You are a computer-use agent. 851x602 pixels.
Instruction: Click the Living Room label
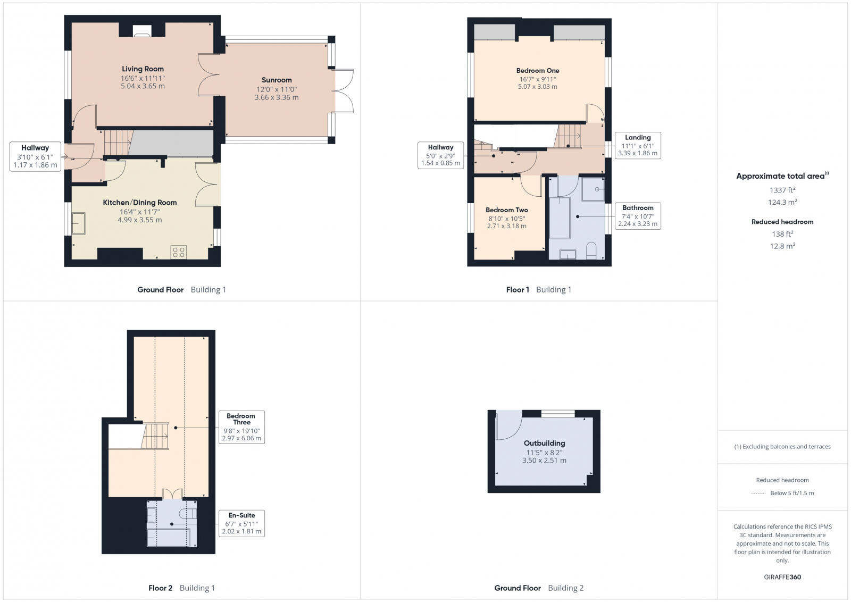point(143,69)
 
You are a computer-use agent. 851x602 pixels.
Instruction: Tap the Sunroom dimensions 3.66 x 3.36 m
point(276,98)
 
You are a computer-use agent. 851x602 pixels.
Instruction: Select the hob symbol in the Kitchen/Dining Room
point(179,252)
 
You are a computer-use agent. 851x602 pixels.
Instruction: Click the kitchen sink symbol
point(79,223)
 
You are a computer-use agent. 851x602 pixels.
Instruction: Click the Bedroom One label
point(537,70)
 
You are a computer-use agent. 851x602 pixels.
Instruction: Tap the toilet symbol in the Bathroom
point(591,251)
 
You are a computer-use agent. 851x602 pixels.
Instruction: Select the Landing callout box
point(637,145)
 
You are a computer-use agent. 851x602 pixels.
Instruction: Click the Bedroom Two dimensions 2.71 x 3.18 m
point(506,226)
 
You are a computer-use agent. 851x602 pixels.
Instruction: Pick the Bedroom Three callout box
point(241,427)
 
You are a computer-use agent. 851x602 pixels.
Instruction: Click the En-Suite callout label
point(241,515)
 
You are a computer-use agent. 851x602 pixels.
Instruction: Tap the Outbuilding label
point(544,443)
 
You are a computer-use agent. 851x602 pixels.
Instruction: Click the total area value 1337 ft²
point(782,190)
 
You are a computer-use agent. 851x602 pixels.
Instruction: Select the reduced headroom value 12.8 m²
point(782,246)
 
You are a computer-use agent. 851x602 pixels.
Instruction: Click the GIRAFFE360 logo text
point(782,577)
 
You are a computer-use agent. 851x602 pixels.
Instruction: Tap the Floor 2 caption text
point(160,588)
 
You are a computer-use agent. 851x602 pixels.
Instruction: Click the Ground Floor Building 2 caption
point(538,588)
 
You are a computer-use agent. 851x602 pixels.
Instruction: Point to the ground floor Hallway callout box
point(35,156)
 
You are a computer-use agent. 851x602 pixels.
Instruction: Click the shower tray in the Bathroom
point(593,189)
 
